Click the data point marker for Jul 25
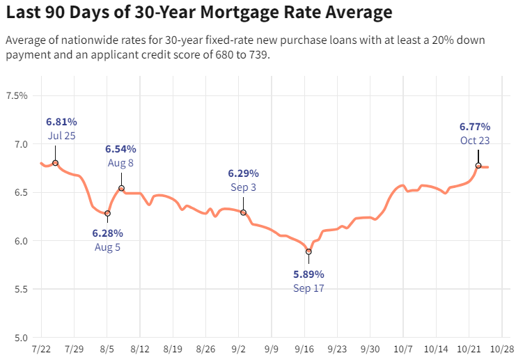pyautogui.click(x=55, y=163)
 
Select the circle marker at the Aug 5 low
pyautogui.click(x=107, y=214)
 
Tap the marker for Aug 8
pyautogui.click(x=121, y=188)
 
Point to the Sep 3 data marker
pyautogui.click(x=244, y=212)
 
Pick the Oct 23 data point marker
pyautogui.click(x=478, y=166)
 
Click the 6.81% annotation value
pyautogui.click(x=61, y=122)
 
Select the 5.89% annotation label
pyautogui.click(x=308, y=274)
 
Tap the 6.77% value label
pyautogui.click(x=475, y=127)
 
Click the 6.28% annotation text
pyautogui.click(x=107, y=233)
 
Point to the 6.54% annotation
pyautogui.click(x=120, y=149)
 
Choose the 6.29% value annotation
pyautogui.click(x=244, y=173)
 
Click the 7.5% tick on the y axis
pyautogui.click(x=16, y=95)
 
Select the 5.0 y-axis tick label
pyautogui.click(x=19, y=338)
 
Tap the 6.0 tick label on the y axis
pyautogui.click(x=19, y=241)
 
